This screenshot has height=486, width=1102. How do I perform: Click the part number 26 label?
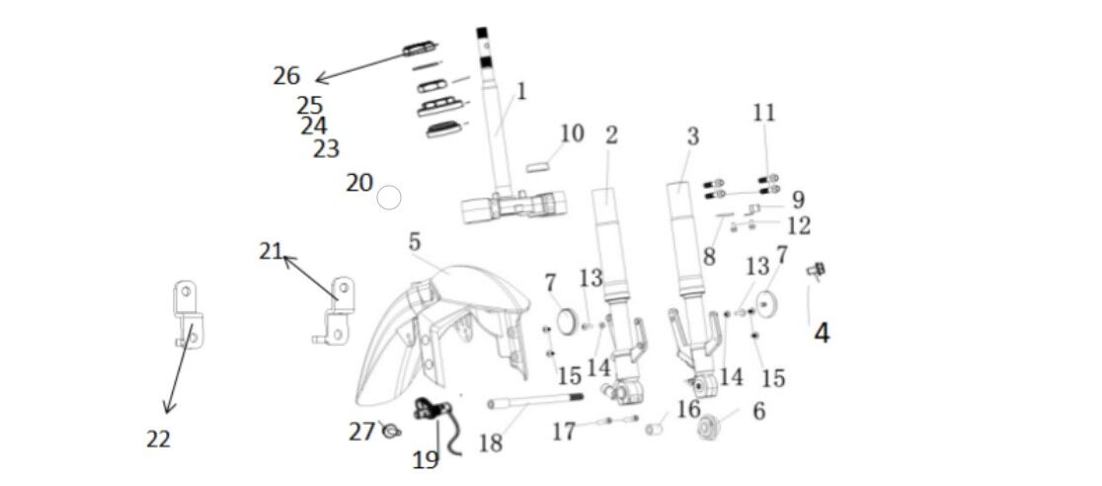(286, 75)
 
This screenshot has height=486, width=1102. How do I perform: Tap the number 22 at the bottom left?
(158, 440)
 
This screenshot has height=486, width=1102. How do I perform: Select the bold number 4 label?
(821, 333)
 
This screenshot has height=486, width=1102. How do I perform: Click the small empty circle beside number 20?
(389, 199)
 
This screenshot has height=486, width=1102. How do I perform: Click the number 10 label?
(572, 132)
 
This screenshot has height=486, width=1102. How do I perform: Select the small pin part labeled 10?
(539, 166)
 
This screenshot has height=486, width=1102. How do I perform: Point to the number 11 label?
(763, 113)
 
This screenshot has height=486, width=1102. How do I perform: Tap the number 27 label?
(361, 432)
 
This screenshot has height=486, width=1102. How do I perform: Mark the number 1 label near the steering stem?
(520, 92)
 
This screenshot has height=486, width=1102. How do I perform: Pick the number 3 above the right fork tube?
(692, 136)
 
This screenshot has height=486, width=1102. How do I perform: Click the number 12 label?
(799, 226)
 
